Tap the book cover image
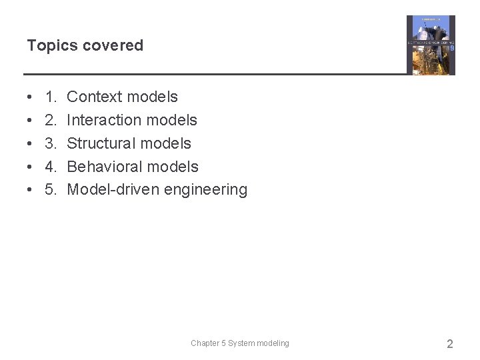click(431, 45)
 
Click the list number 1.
click(51, 97)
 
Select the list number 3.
click(51, 143)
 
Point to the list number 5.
click(51, 190)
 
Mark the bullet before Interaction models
click(31, 121)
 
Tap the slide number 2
click(449, 344)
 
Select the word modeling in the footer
click(273, 343)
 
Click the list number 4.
click(51, 167)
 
